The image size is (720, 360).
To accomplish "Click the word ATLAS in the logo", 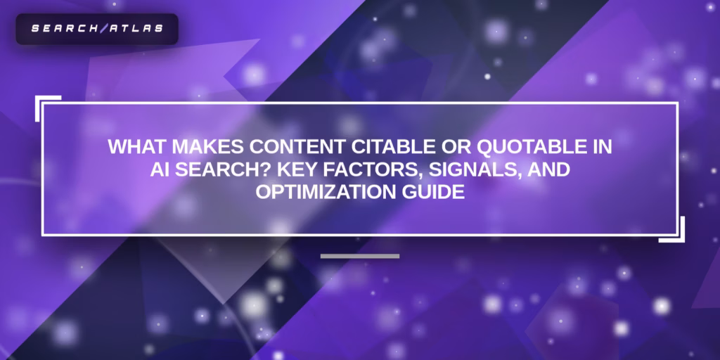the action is (x=135, y=28).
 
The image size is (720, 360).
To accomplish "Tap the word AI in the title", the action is (x=158, y=169).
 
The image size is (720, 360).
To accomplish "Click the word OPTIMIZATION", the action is (x=325, y=191).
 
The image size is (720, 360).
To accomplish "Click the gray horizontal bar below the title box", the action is (x=360, y=256).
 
